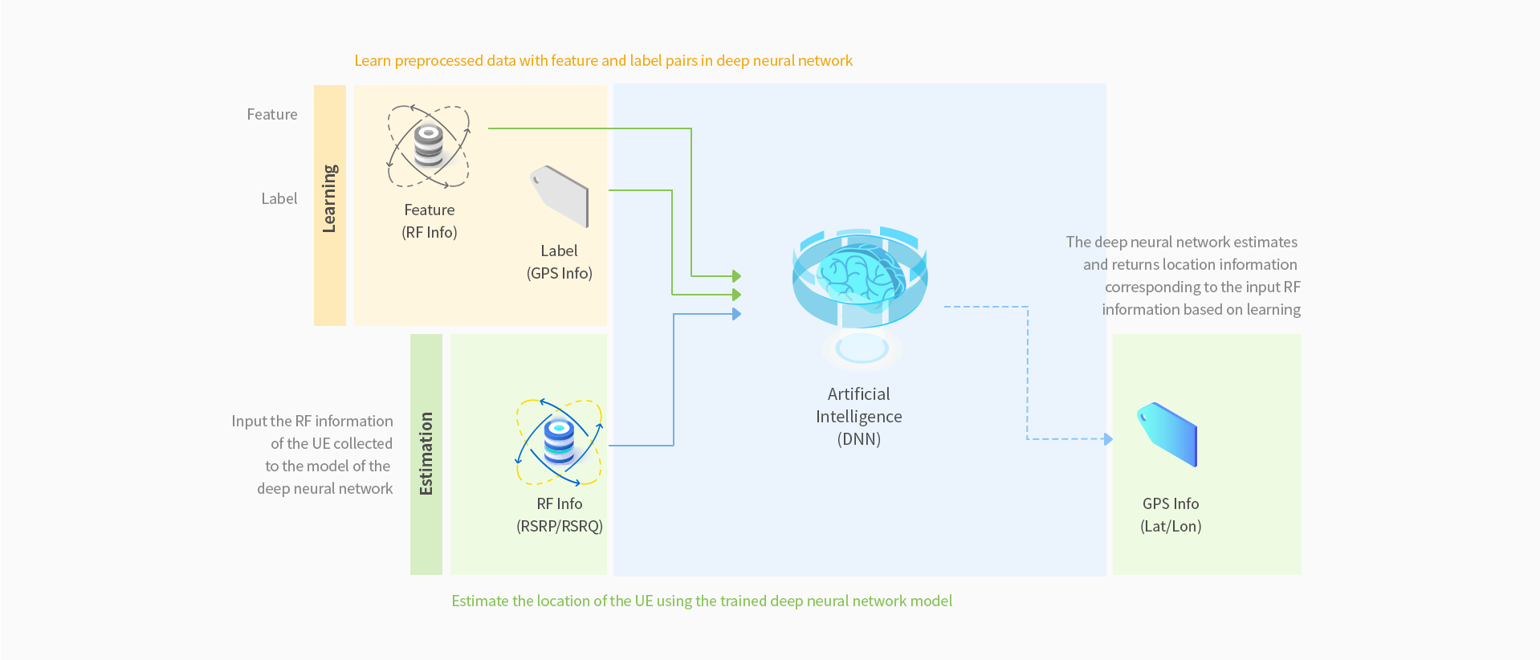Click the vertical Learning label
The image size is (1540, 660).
329,198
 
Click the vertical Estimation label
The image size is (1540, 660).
426,454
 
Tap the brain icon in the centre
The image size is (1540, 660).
860,275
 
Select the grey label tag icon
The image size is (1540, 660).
560,195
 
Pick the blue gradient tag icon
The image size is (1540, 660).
1167,434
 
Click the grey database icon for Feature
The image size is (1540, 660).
429,146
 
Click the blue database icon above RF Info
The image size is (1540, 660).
559,442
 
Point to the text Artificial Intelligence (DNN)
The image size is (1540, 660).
858,416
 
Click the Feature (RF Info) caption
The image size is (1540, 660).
430,221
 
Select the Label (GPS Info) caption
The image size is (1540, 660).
559,262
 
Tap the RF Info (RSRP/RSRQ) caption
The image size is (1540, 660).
559,515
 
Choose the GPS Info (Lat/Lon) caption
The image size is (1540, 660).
1171,515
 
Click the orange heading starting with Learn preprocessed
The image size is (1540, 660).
603,61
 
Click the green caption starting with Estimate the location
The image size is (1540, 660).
701,601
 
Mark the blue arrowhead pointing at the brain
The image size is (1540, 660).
736,314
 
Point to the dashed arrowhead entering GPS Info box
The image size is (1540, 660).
1108,439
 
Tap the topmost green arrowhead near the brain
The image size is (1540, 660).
736,276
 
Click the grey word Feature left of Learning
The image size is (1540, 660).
271,115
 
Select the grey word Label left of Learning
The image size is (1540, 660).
279,199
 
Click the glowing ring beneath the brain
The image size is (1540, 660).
862,348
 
